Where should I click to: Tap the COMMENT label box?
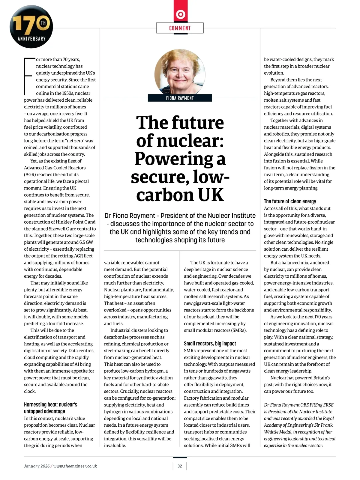pos(180,28)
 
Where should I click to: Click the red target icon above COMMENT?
pos(180,14)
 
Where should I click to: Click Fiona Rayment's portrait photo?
pos(180,72)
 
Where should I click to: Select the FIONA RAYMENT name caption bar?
pos(180,98)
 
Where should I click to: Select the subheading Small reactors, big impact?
pos(210,344)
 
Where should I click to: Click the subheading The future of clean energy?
pos(290,201)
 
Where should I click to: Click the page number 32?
pos(180,466)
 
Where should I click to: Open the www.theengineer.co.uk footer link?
pos(75,466)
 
